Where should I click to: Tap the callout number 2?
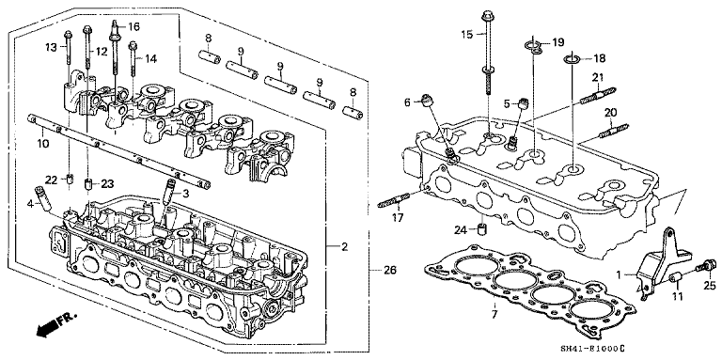click(x=344, y=247)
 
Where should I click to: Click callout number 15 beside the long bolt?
click(x=468, y=35)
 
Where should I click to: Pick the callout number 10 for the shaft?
click(x=41, y=145)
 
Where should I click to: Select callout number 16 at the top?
click(x=133, y=26)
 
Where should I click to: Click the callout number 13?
click(x=50, y=45)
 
